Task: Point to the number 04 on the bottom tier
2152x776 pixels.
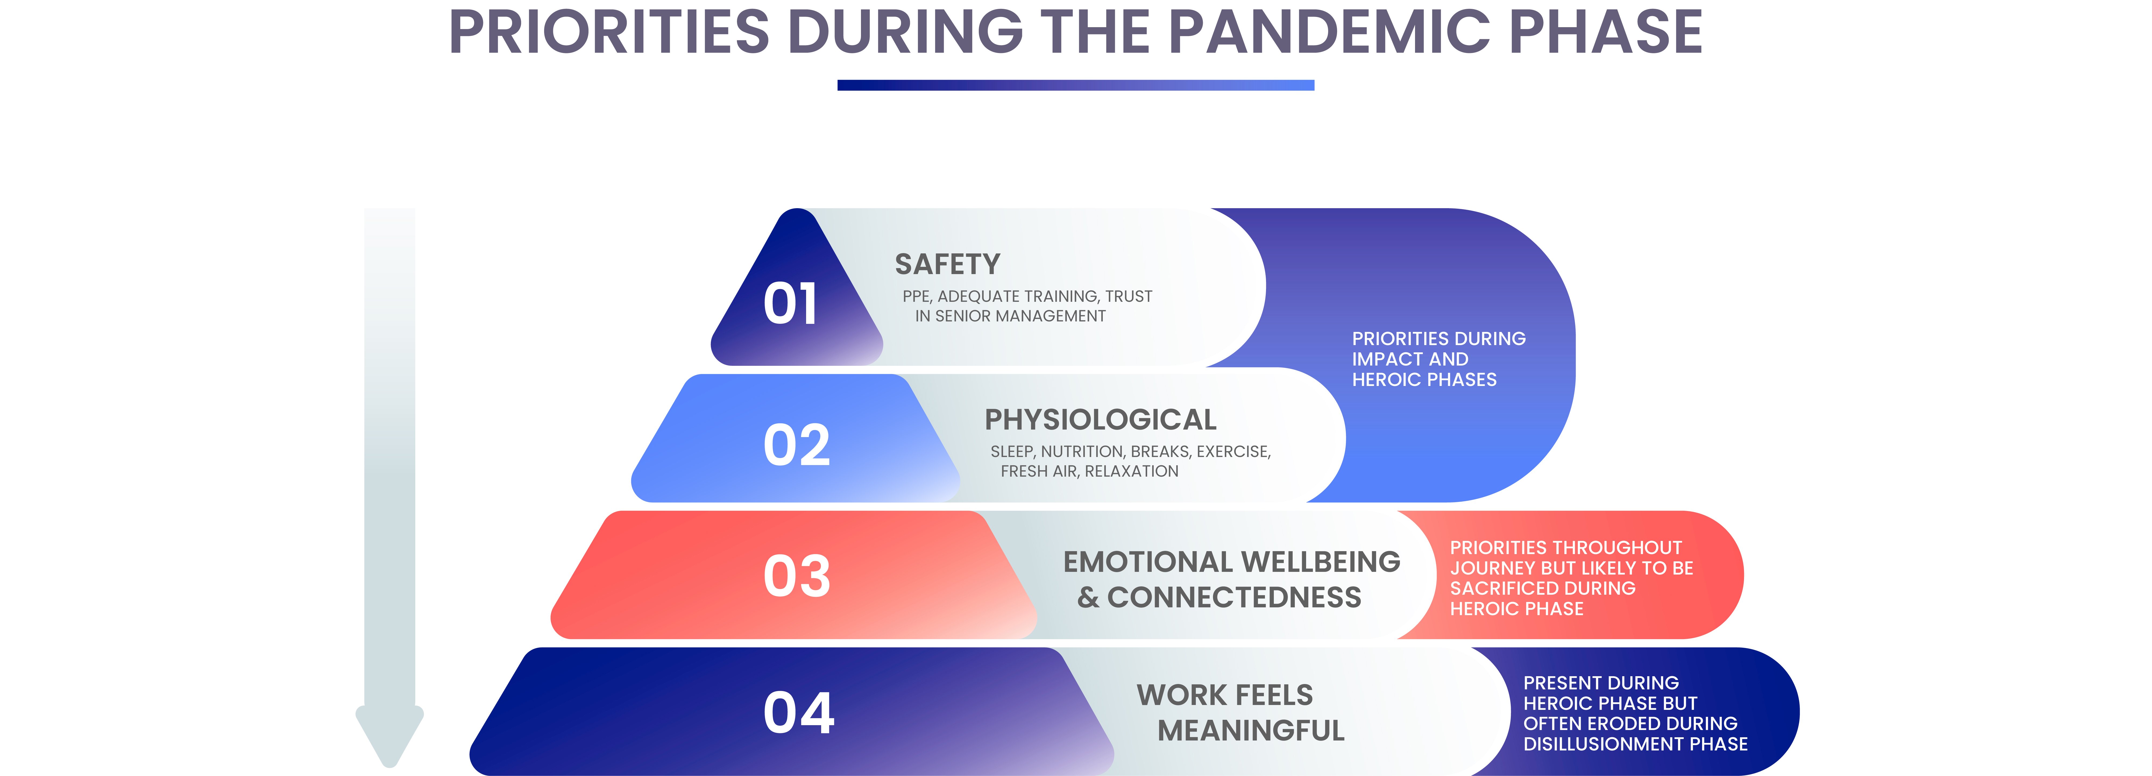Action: point(799,713)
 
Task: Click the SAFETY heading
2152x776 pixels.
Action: point(947,264)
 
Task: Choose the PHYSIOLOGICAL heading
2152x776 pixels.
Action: point(1100,419)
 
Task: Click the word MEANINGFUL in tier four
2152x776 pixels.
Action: point(1251,730)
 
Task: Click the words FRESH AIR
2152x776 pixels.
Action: point(1038,471)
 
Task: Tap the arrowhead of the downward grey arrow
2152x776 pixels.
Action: point(389,735)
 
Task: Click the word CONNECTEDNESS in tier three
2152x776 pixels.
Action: point(1234,597)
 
